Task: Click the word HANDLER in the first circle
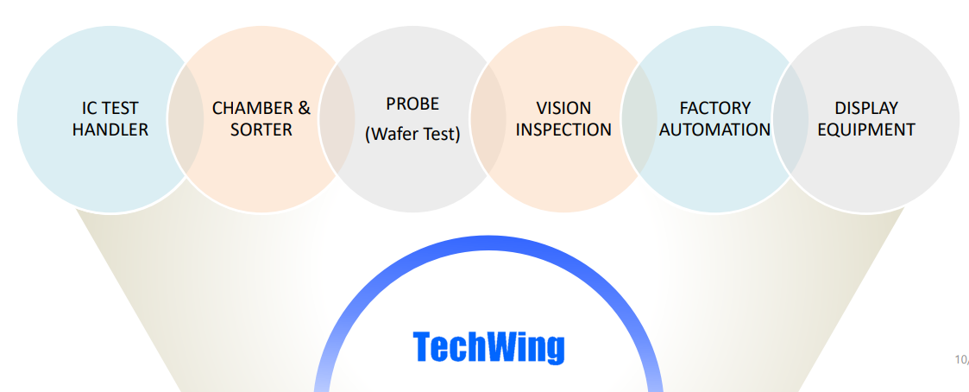coord(110,130)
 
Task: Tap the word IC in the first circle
coord(88,109)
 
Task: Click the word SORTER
coord(261,130)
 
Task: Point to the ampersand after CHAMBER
coord(304,109)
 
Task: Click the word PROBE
coord(412,104)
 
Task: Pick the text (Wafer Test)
coord(412,134)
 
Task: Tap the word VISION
coord(563,109)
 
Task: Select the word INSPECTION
coord(563,130)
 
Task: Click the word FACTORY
coord(714,109)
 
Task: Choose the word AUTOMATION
coord(714,130)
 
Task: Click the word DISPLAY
coord(866,109)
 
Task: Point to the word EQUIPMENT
coord(866,130)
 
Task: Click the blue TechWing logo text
coord(488,347)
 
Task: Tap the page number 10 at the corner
coord(960,360)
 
